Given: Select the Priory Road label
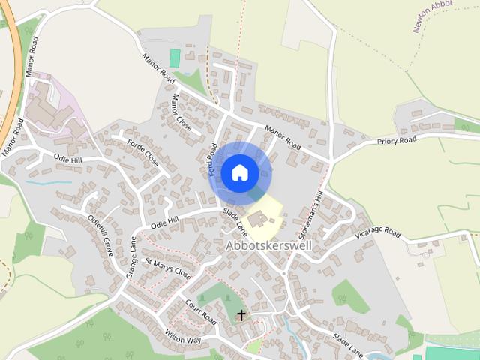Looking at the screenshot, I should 397,140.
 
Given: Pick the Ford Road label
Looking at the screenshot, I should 213,160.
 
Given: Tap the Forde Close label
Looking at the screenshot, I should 142,152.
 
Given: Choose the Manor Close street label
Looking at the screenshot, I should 181,112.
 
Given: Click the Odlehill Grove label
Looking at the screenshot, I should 100,235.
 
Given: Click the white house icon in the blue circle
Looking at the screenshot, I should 240,172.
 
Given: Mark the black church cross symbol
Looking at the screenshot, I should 241,314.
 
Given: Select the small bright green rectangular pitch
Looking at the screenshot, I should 175,58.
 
